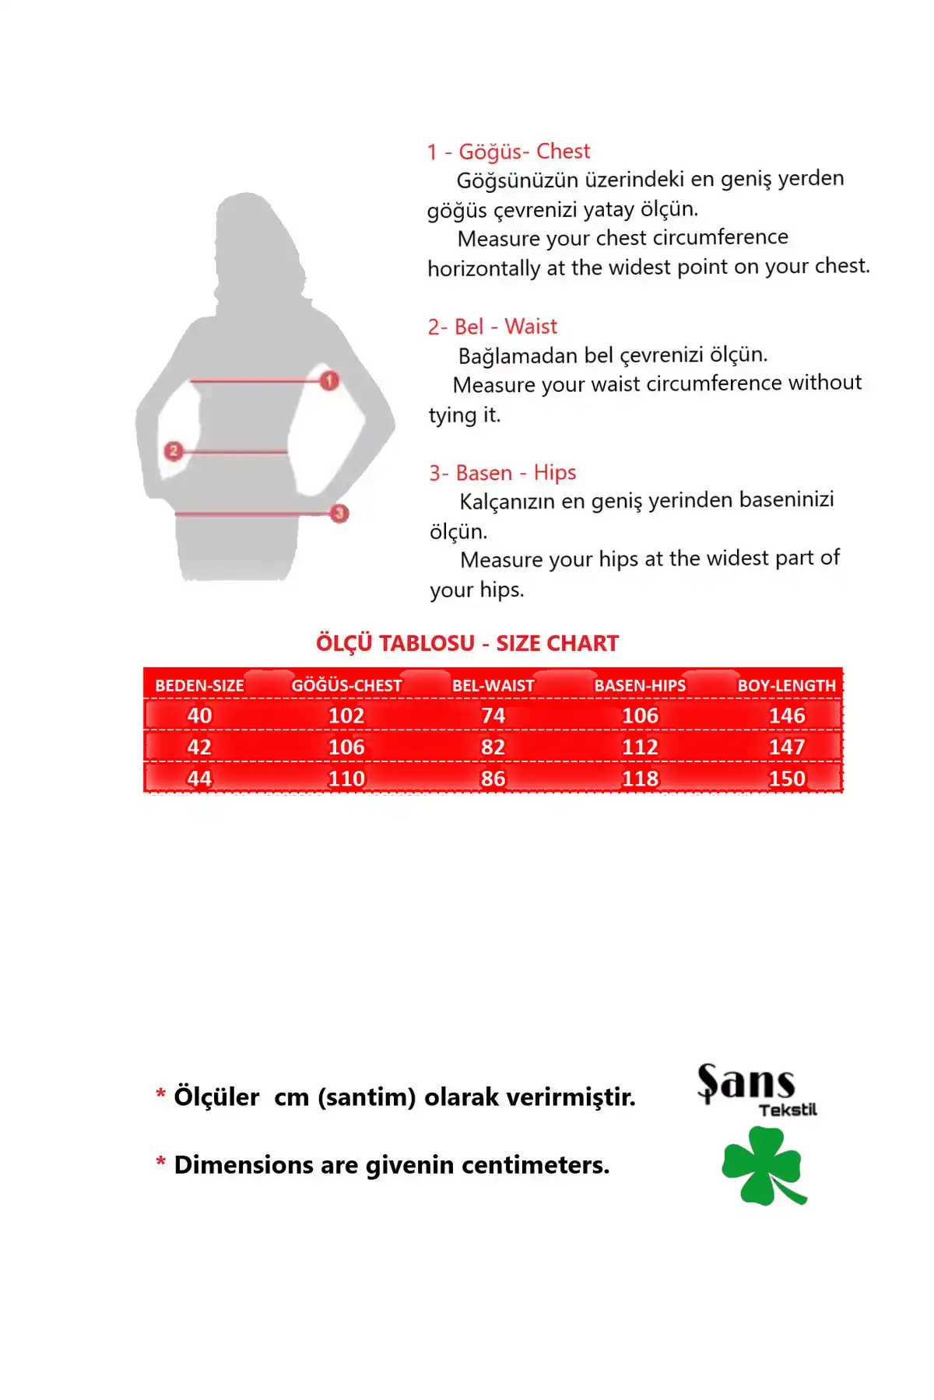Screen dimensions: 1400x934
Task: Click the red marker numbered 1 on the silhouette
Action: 329,380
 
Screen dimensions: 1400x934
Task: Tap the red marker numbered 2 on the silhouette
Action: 174,450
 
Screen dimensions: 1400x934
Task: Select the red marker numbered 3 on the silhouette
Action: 339,513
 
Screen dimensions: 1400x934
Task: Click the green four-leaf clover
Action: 763,1166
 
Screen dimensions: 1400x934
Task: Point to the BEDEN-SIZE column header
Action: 199,685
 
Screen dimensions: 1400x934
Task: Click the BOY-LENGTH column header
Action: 786,685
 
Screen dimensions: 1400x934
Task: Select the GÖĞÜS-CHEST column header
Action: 346,685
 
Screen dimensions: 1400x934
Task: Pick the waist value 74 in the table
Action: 493,716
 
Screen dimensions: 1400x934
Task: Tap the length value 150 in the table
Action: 787,779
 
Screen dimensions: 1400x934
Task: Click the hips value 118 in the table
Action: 640,779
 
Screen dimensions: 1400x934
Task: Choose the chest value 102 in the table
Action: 346,716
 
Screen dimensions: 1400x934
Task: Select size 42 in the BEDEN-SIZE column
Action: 199,747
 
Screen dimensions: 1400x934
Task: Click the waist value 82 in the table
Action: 493,747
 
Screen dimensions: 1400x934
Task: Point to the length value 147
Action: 787,747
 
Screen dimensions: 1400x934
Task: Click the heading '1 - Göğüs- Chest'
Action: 508,152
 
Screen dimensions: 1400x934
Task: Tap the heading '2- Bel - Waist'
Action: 492,327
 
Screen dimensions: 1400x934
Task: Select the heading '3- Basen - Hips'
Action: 502,473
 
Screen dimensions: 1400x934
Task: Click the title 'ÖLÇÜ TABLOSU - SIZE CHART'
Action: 467,643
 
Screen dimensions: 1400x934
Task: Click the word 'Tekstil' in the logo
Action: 788,1110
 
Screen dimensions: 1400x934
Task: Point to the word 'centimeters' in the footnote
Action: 535,1165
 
